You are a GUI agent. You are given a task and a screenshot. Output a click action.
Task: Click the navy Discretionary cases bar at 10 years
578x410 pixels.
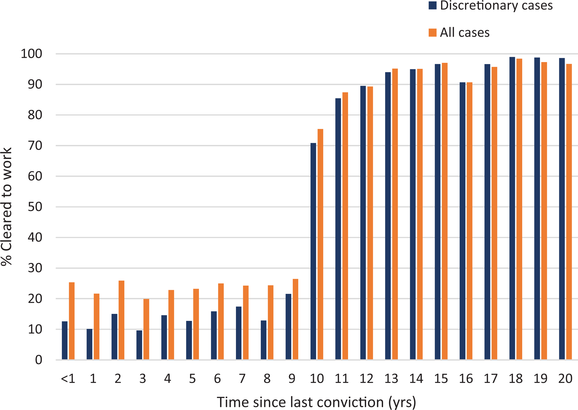313,251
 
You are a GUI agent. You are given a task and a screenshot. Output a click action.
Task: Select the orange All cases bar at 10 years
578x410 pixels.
320,244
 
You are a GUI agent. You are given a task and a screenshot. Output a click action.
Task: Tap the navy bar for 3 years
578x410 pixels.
139,345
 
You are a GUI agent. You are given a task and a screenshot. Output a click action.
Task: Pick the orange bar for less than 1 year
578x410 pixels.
72,321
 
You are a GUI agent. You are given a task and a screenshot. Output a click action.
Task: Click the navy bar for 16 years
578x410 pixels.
462,221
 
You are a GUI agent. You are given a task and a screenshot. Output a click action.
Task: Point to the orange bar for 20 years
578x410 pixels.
569,212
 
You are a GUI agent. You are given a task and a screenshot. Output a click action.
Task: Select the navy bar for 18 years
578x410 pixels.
512,208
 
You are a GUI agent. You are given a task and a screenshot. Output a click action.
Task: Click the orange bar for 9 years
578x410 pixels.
295,319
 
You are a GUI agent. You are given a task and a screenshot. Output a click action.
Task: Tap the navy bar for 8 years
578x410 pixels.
263,340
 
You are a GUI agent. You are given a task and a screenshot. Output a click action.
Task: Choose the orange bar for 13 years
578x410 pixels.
395,214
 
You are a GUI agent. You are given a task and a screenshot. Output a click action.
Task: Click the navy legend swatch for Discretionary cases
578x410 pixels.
432,6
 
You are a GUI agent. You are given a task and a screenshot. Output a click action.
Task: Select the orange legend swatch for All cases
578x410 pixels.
432,33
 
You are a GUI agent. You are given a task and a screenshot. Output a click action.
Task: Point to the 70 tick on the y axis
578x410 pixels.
35,146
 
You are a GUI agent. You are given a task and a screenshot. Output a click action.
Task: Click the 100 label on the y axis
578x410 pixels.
32,54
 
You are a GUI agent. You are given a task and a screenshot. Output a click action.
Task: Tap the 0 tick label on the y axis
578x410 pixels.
39,360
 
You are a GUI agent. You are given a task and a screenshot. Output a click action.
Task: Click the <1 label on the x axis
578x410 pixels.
68,379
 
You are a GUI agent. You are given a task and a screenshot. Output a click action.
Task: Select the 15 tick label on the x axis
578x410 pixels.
441,379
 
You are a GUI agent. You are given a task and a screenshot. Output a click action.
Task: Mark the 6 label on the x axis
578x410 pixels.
217,379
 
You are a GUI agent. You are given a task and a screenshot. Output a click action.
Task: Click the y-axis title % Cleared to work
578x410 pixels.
6,207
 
